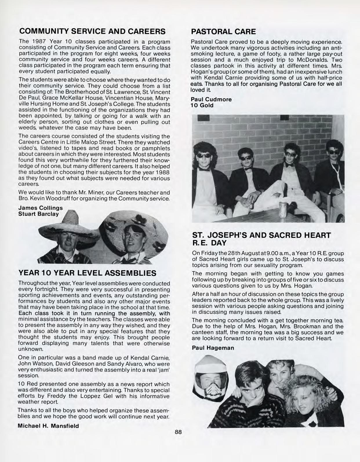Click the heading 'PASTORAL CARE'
click(223, 31)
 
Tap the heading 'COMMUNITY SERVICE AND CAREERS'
click(92, 31)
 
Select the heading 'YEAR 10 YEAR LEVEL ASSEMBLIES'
click(87, 273)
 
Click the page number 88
click(178, 432)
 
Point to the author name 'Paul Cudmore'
click(211, 99)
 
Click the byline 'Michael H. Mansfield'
click(48, 426)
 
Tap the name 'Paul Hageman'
click(213, 348)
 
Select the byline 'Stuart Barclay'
click(38, 214)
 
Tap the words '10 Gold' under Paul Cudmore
click(202, 105)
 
